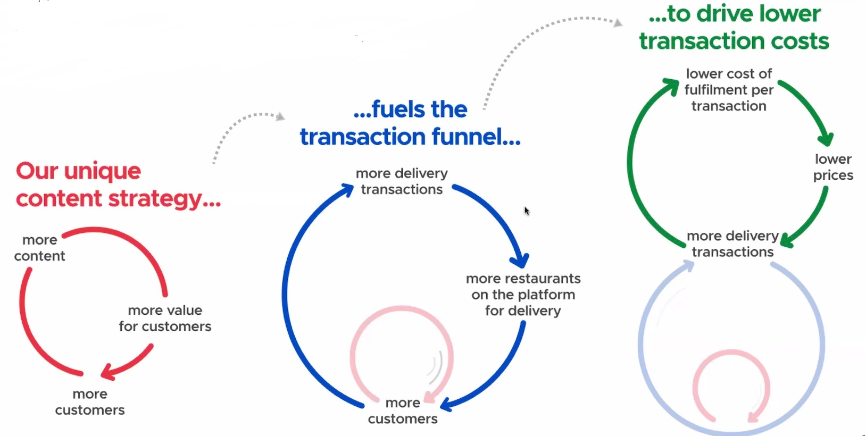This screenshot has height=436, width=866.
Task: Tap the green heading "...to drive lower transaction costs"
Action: tap(734, 28)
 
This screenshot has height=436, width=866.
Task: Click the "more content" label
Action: tap(39, 248)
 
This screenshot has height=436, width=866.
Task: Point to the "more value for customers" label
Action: tap(165, 318)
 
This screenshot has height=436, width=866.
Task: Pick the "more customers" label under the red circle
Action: tap(90, 402)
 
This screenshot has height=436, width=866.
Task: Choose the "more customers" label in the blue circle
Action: tap(403, 411)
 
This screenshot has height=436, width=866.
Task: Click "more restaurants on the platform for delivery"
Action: tap(523, 295)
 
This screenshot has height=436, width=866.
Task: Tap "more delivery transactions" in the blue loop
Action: tap(402, 181)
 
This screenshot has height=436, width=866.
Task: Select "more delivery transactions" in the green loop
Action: tap(732, 244)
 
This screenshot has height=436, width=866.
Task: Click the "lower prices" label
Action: tap(833, 167)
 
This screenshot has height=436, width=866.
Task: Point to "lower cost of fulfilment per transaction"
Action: tap(729, 90)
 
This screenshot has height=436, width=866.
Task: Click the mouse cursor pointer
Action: tap(527, 211)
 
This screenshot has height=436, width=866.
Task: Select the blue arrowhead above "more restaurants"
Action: tap(519, 259)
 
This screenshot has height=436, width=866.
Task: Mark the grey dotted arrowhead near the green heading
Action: tap(618, 23)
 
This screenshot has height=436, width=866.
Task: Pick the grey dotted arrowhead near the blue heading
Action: tap(280, 116)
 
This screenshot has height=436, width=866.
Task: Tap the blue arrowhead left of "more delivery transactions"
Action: tap(345, 190)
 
